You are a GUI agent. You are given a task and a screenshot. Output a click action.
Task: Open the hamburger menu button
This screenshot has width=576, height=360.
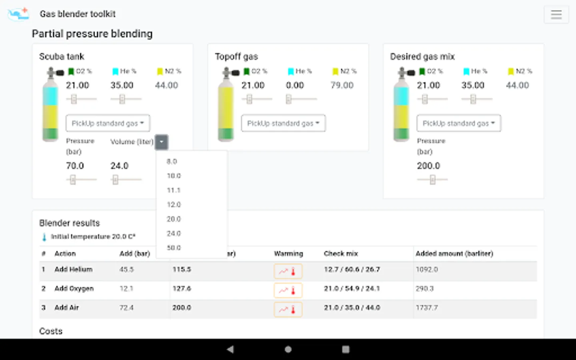pos(556,15)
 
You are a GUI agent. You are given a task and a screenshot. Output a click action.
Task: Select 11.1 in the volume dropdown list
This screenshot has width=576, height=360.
pos(174,190)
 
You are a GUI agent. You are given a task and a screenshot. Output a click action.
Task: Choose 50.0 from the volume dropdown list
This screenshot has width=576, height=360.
pos(174,248)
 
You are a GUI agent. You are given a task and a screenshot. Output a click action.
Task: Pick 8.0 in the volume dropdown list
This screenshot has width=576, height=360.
pos(172,162)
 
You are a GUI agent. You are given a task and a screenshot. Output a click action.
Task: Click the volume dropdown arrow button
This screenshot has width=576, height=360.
pos(161,142)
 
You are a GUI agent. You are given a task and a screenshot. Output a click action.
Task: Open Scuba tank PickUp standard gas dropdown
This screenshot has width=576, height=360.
pos(108,123)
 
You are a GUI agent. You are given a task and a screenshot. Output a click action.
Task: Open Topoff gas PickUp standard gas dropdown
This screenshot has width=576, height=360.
pos(283,123)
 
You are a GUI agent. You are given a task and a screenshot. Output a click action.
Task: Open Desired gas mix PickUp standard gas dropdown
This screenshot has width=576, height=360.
pos(458,123)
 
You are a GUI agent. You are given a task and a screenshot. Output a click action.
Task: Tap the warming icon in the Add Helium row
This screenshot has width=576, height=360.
pos(288,271)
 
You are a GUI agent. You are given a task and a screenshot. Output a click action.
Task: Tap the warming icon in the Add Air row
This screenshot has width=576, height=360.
pos(288,309)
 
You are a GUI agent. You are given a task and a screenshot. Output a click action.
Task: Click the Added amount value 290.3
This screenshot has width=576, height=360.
pos(424,288)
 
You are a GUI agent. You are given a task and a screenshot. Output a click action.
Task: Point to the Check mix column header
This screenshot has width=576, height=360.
pos(341,254)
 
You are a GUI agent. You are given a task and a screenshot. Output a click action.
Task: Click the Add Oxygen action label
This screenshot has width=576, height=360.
pos(74,288)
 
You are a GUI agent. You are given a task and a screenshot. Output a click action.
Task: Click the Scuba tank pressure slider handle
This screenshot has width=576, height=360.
pos(73,180)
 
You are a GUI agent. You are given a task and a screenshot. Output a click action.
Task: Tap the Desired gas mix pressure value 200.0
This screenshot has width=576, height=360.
pos(428,166)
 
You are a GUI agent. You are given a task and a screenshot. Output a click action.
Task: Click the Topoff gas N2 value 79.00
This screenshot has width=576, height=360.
pos(342,85)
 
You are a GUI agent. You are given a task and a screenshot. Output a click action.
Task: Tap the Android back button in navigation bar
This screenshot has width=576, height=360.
pos(230,349)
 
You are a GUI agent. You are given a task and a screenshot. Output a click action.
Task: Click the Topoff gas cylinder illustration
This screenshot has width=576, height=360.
pos(226,106)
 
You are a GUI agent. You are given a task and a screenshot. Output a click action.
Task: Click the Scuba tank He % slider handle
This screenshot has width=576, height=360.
pos(122,99)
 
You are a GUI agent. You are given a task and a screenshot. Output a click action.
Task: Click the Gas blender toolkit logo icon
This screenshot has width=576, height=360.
pos(18,14)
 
